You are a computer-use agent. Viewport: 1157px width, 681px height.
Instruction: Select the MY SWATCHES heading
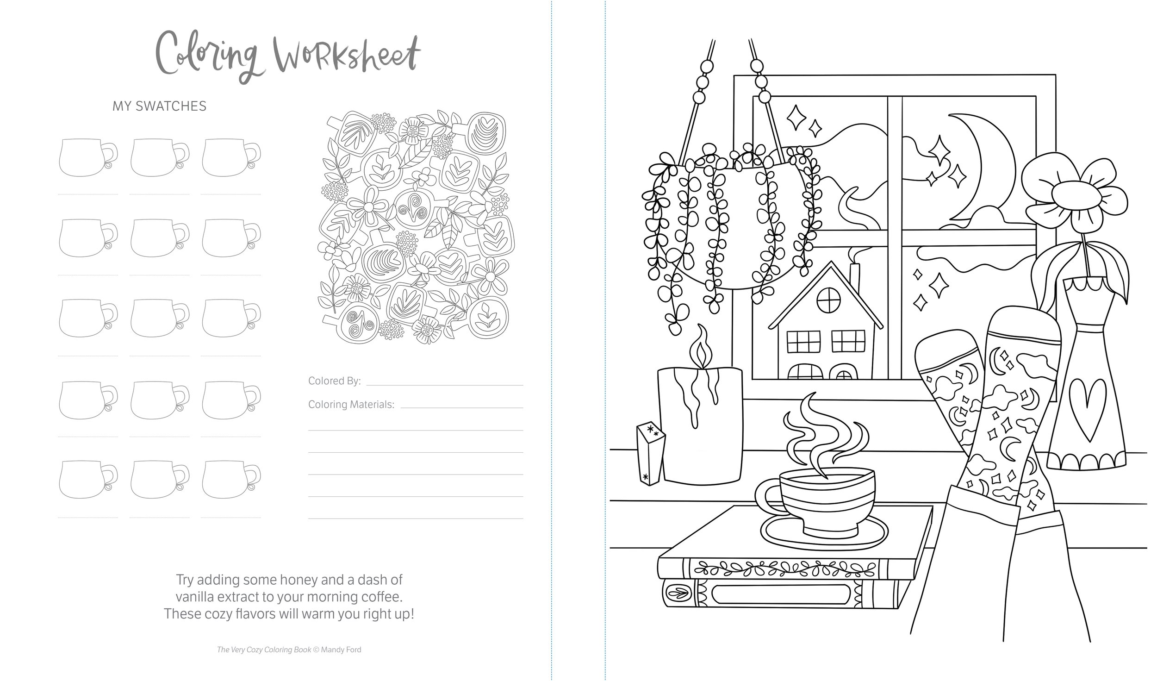(160, 106)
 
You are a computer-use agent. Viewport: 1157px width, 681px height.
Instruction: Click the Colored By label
(335, 381)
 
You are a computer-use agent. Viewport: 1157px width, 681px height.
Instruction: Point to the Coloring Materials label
(351, 405)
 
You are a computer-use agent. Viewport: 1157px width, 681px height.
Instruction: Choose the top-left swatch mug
(88, 157)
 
